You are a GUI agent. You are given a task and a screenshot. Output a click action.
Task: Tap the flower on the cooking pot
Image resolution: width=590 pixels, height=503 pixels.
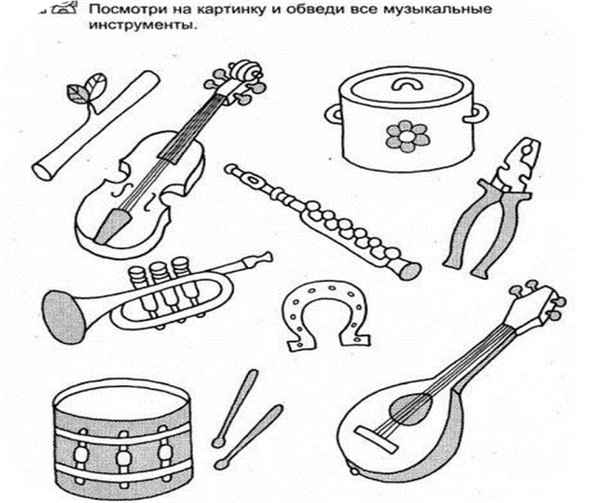pos(406,136)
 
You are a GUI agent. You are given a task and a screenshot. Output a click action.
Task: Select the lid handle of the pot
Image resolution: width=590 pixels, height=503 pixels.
pos(406,84)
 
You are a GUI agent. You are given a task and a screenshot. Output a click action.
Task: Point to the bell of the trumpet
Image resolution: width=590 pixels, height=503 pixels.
pos(61,316)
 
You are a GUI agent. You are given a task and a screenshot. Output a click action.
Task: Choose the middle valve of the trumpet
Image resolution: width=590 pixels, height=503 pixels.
pos(161,286)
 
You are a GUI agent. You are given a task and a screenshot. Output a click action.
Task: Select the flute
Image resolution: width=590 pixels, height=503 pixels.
pos(323,221)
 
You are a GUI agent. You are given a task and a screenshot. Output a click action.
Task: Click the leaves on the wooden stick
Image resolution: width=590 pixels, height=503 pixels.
pos(86,88)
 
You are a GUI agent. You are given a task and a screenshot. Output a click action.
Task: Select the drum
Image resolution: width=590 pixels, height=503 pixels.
pos(122,437)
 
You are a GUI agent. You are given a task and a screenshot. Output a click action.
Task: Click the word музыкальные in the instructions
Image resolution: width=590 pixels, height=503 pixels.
pos(437,9)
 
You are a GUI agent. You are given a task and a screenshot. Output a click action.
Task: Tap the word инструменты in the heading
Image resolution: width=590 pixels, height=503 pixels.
pos(143,25)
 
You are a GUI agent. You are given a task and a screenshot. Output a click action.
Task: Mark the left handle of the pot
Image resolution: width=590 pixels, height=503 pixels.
pos(333,114)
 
